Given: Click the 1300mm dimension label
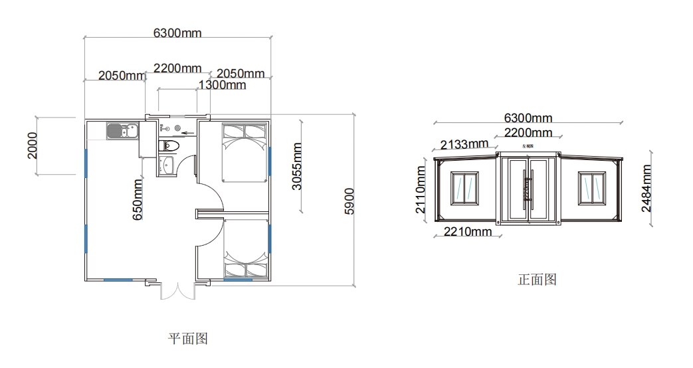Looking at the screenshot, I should click(x=222, y=85).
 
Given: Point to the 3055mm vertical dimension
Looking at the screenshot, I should click(x=298, y=166).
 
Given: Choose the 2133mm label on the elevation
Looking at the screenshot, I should click(x=464, y=143).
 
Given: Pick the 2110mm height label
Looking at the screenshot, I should click(x=421, y=189).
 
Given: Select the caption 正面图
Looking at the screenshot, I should click(x=536, y=280).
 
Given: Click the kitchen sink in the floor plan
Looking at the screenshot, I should click(x=121, y=131).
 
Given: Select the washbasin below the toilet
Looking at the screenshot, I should click(x=166, y=166).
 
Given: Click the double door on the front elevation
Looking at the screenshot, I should click(x=528, y=189).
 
